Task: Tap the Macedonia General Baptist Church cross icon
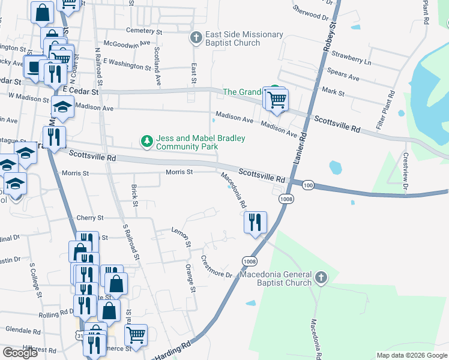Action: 321,277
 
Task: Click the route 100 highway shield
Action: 307,185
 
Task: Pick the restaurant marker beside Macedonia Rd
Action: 255,223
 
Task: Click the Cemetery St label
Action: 144,31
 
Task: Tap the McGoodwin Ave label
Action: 127,43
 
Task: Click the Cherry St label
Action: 90,218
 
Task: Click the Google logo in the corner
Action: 20,353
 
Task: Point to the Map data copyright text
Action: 412,355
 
